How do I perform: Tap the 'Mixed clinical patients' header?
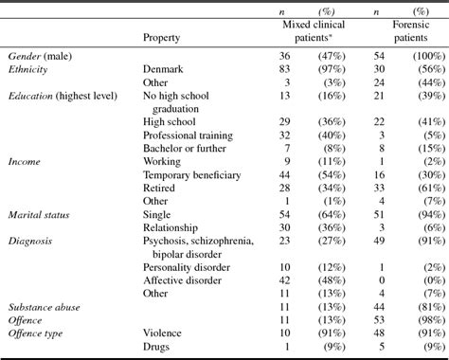click(x=313, y=30)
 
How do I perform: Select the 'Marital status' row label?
click(x=39, y=215)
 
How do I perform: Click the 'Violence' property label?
click(x=165, y=334)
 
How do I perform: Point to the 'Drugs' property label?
click(x=158, y=348)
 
